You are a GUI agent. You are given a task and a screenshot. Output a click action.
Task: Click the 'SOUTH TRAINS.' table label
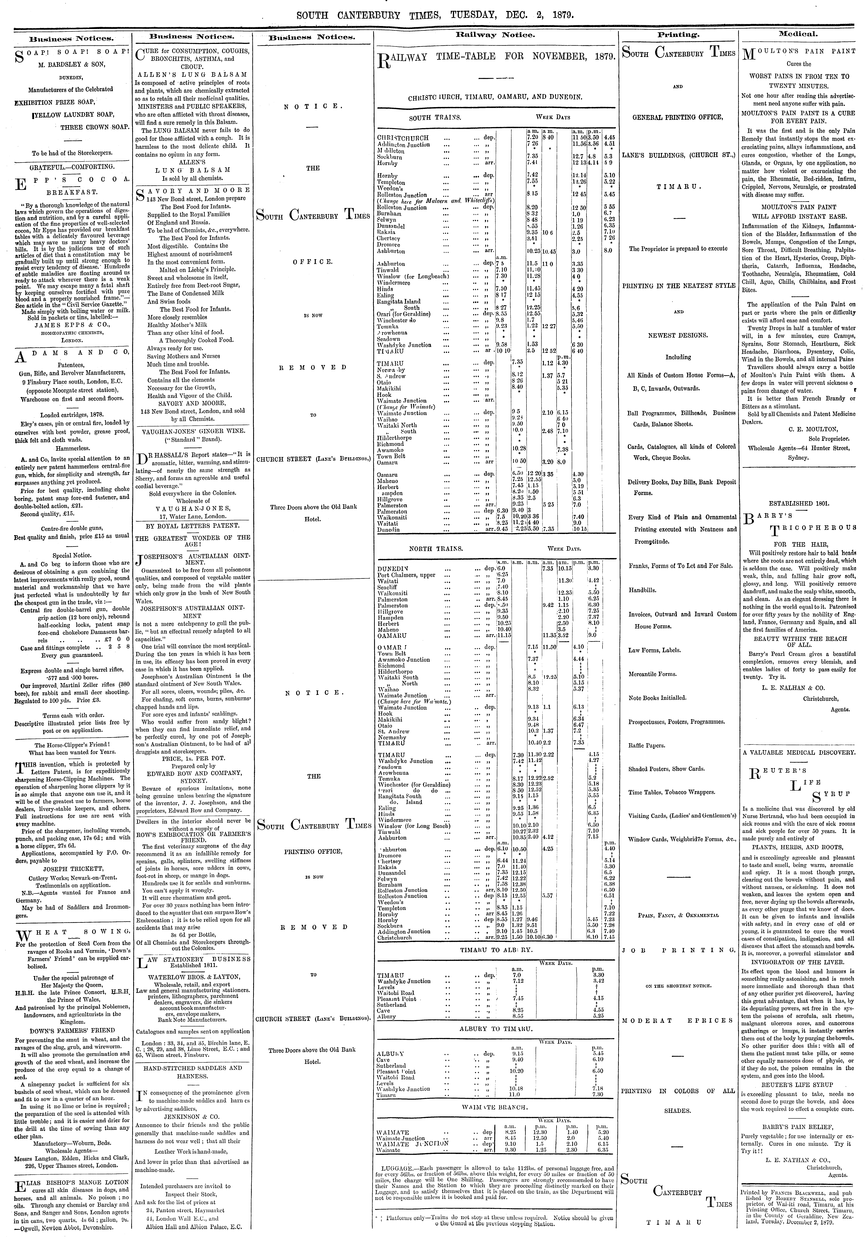[435, 117]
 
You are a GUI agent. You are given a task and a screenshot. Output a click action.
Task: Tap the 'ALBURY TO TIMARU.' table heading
[496, 1028]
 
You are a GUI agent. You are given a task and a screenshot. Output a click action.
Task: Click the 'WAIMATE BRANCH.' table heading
[496, 1105]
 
